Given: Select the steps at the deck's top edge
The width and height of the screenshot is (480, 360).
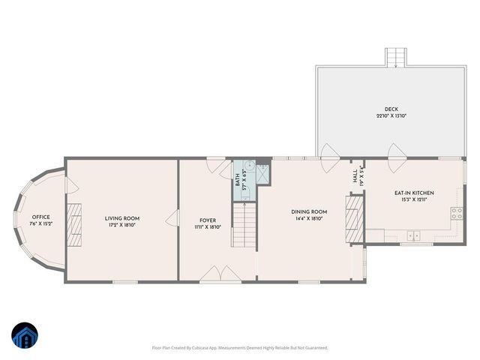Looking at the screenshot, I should [396, 58].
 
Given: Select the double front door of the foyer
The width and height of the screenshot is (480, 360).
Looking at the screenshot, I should [220, 274].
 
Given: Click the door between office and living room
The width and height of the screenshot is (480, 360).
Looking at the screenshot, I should [70, 186].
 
